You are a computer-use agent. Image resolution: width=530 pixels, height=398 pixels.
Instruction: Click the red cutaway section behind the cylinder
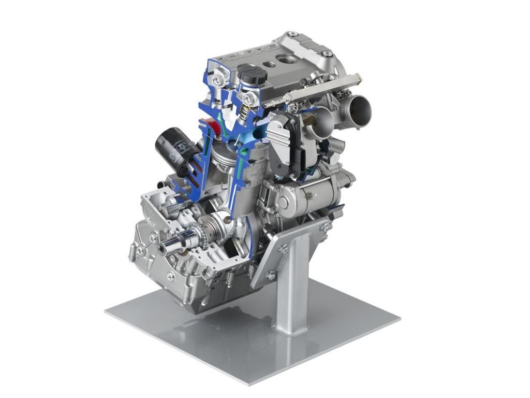[x=209, y=126]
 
